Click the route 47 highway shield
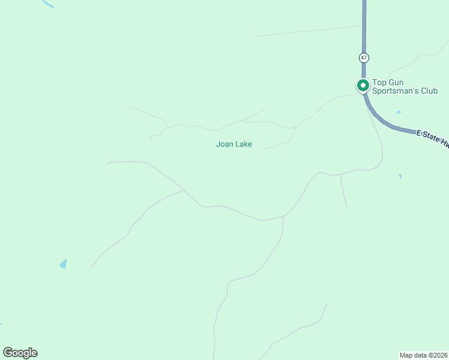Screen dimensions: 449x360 364,58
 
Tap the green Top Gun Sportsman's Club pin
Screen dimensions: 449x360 363,85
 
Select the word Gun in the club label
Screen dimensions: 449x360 396,82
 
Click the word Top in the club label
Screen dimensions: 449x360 379,82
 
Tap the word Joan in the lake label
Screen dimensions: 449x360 224,144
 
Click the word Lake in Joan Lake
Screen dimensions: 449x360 243,144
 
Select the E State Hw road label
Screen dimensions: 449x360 433,139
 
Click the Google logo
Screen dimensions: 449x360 20,353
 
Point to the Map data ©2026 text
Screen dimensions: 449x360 423,355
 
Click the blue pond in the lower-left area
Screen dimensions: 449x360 63,264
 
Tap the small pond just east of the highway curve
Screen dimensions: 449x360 399,112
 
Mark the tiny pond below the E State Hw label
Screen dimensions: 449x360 400,176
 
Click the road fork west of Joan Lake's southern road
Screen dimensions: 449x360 184,190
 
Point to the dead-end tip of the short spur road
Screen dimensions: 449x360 346,206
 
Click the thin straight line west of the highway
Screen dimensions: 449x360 309,31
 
